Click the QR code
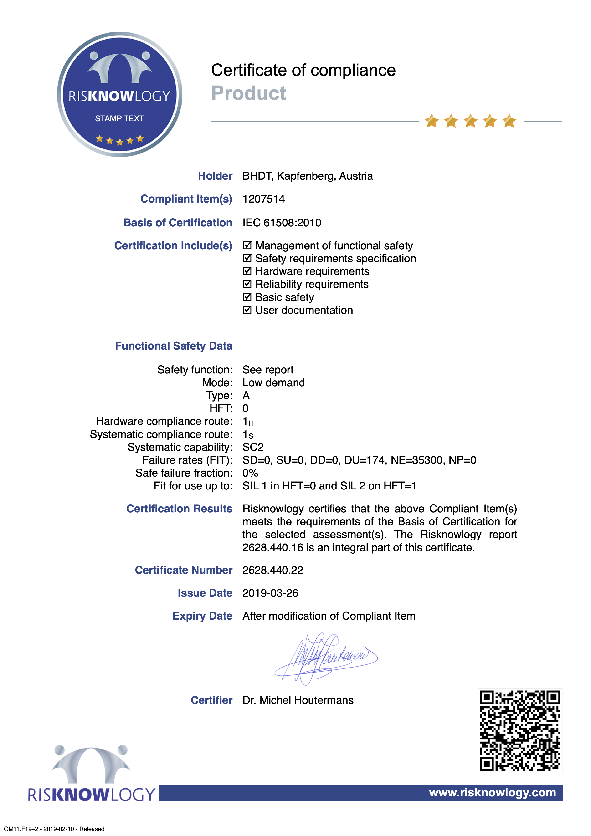(520, 730)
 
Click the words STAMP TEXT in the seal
(119, 118)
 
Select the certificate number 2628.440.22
(273, 570)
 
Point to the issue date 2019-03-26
(270, 593)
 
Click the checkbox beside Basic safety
(247, 297)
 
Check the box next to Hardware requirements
(247, 271)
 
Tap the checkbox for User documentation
(247, 310)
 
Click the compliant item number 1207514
(264, 199)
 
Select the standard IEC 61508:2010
(282, 223)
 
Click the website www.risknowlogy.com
(492, 792)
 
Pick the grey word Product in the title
(249, 93)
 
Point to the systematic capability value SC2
(253, 447)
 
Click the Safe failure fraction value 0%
(250, 473)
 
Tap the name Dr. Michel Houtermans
(298, 700)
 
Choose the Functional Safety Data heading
(174, 346)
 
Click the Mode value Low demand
(273, 383)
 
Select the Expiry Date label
(202, 616)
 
